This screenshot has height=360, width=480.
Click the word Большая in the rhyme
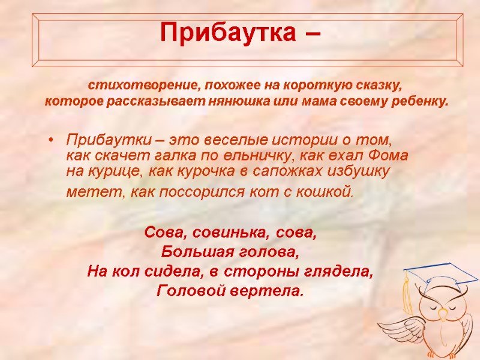click(194, 251)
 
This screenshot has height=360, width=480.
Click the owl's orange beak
click(443, 314)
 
